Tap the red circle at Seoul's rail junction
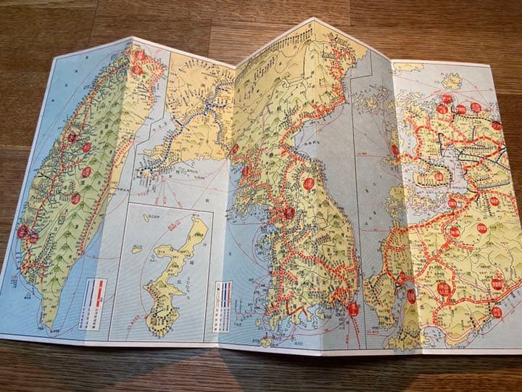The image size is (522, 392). click(289, 213)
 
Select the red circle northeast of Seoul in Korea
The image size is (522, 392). click(310, 184)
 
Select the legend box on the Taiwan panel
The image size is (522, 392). click(96, 293)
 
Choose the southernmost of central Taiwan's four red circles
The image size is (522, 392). click(75, 198)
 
